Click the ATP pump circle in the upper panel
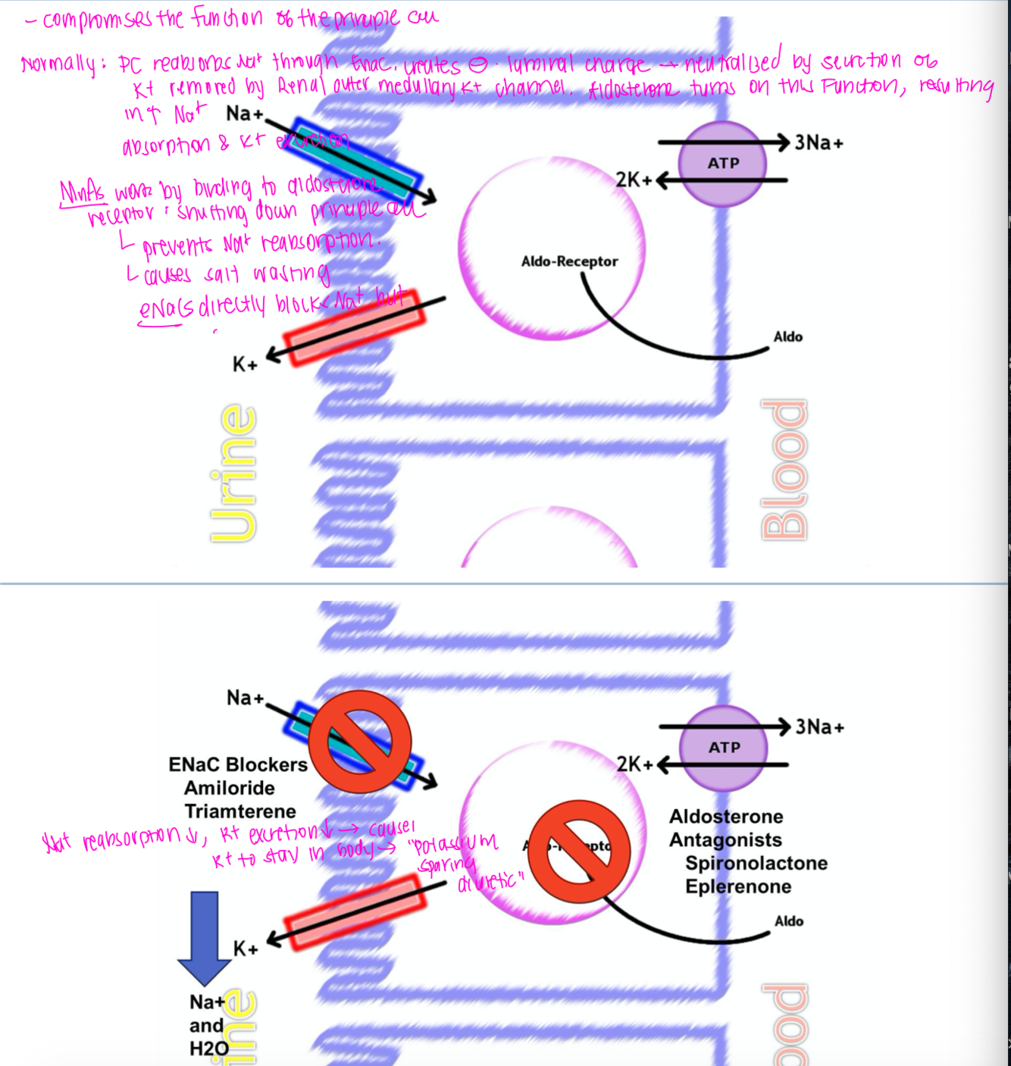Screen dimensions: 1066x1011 723,163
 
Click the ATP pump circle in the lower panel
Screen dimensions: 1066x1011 724,747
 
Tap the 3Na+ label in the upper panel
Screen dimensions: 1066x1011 819,142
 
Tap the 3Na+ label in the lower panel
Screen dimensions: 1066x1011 819,727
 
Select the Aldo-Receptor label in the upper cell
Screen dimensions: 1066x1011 569,261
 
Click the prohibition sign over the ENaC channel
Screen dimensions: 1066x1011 360,741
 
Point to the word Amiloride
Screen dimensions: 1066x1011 230,788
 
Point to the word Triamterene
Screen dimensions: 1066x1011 240,811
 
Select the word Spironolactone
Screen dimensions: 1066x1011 756,863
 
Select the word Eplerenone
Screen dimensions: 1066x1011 738,886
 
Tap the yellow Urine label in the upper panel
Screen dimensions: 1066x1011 233,473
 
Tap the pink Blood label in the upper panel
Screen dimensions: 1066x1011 784,470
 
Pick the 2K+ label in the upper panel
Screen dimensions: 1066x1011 634,180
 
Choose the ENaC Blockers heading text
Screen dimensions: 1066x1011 238,764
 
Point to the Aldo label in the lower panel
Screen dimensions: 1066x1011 789,921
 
